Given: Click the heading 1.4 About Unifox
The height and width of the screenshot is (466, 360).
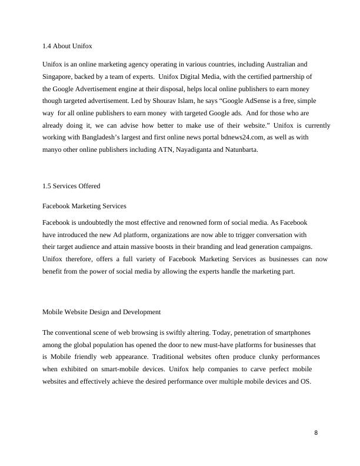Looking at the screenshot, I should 68,46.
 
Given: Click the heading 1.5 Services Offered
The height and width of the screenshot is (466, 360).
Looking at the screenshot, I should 71,186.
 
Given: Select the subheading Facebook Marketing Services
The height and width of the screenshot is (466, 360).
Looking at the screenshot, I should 84,206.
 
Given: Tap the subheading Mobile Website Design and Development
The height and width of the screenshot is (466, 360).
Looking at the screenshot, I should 101,311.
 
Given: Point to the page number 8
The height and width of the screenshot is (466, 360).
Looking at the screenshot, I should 316,433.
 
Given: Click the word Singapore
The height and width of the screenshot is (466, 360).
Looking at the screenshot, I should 58,76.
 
